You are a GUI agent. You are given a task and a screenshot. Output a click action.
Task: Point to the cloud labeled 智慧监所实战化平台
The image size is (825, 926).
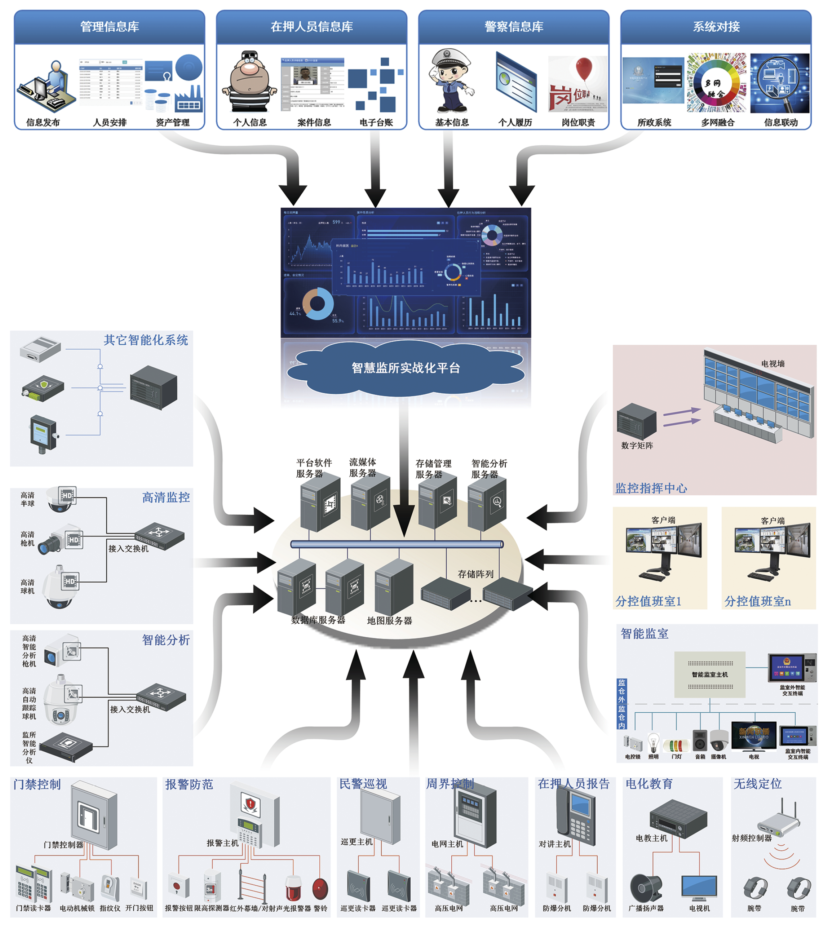[406, 367]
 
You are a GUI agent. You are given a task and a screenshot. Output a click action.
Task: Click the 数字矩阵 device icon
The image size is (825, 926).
[636, 421]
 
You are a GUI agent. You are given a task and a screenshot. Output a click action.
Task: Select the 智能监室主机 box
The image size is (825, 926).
[710, 674]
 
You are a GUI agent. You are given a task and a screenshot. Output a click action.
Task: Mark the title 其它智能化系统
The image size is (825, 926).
[146, 340]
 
